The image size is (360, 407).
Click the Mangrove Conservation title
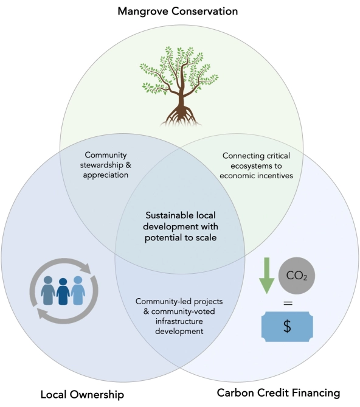[x=178, y=12]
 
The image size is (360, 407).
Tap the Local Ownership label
[x=82, y=395]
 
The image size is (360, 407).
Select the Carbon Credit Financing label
[x=279, y=393]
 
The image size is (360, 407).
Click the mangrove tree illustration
[x=179, y=86]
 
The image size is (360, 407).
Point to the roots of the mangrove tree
[x=181, y=116]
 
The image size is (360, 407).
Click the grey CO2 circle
[x=297, y=276]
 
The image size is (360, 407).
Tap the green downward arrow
[x=266, y=276]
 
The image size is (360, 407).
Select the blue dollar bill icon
[x=287, y=326]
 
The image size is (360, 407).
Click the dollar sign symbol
[x=287, y=326]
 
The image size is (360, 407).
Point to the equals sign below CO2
[x=288, y=303]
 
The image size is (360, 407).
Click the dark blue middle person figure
[x=63, y=291]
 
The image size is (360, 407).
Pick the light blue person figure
[x=78, y=290]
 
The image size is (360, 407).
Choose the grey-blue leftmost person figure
[x=48, y=290]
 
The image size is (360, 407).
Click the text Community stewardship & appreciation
[x=106, y=165]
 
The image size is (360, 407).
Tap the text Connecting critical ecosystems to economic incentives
[x=256, y=165]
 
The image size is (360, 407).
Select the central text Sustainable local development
[x=181, y=221]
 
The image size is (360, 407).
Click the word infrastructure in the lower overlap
[x=179, y=321]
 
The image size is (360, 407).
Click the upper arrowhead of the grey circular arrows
[x=86, y=268]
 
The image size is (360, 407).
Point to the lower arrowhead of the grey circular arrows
[x=43, y=313]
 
